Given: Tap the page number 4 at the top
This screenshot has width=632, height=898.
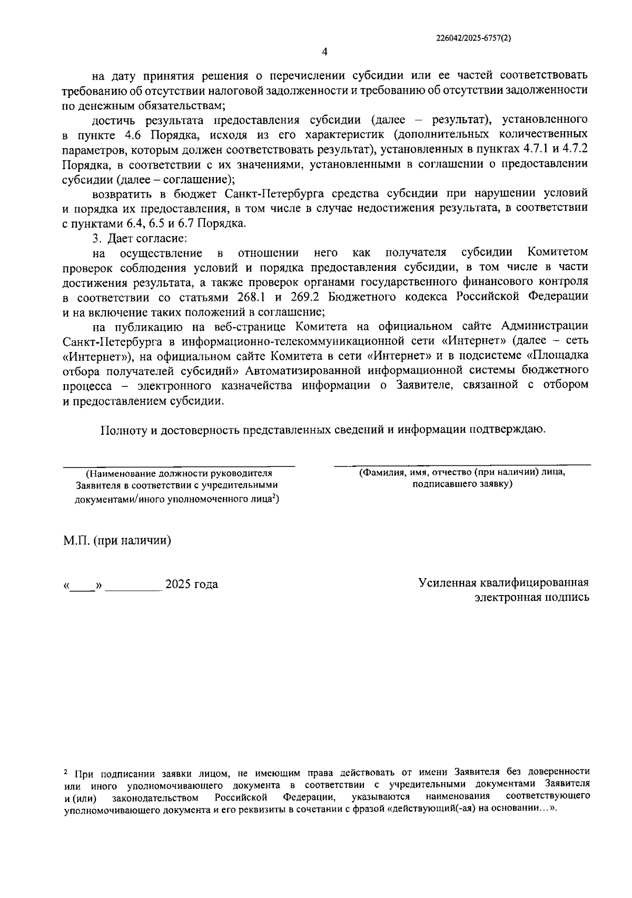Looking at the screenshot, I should click(x=324, y=52).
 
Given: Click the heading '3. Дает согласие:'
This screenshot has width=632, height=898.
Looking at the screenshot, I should click(x=136, y=238).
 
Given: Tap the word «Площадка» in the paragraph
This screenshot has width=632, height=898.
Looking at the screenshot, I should click(x=558, y=356).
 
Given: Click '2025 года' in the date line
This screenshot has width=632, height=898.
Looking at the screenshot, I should click(x=192, y=585).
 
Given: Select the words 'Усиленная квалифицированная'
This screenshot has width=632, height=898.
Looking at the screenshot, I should click(x=503, y=583).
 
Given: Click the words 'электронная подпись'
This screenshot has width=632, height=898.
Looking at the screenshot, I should click(x=532, y=598).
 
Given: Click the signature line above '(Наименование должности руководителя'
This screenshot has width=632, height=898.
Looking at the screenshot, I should click(x=179, y=466).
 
